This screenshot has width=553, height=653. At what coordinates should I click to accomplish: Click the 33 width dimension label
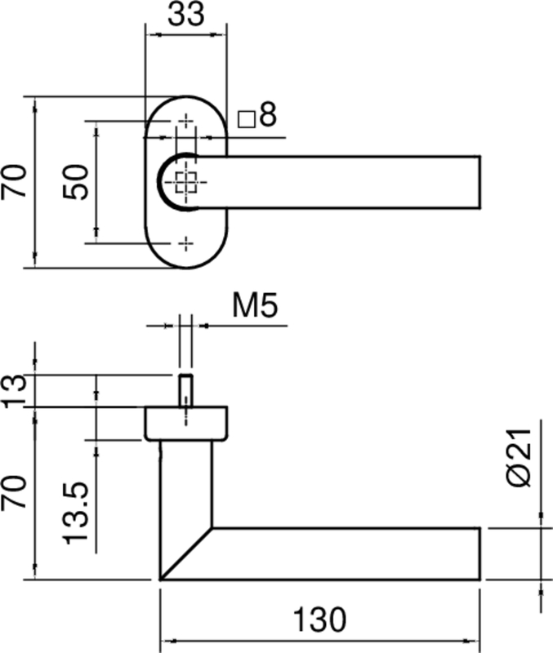(186, 14)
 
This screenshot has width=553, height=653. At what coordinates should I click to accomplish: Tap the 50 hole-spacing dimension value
(76, 182)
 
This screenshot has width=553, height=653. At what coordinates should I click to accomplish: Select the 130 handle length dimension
(319, 620)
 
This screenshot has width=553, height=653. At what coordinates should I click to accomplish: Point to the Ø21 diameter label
(520, 457)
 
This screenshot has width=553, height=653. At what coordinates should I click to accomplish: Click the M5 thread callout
(255, 305)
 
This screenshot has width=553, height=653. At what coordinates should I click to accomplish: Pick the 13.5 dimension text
(76, 513)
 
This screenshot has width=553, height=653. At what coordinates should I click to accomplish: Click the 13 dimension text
(14, 391)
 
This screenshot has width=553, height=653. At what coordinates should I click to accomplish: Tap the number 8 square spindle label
(268, 114)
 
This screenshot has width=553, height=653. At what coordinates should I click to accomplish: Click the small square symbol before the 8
(247, 119)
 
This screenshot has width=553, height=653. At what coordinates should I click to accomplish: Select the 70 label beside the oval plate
(14, 181)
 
